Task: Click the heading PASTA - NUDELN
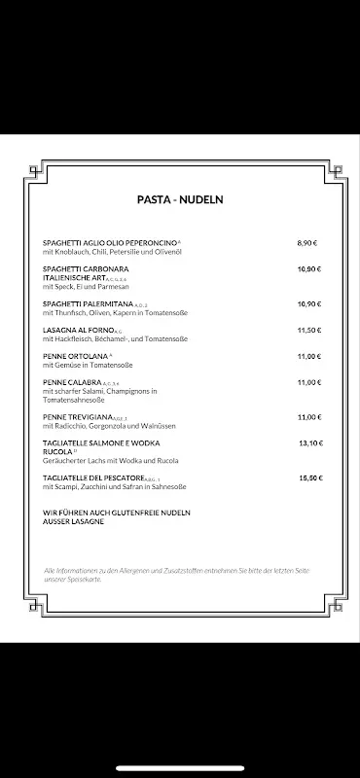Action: point(180,199)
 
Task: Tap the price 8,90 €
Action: point(308,242)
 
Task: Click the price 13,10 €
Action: point(308,442)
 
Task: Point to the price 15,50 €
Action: point(308,478)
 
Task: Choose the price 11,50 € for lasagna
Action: point(308,330)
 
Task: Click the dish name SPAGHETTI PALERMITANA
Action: point(91,303)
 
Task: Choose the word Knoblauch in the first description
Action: point(70,251)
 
